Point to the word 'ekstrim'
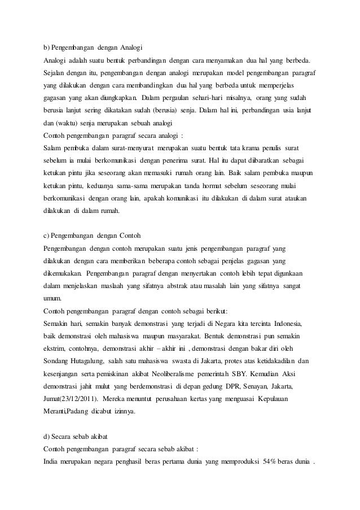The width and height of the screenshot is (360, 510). (54, 347)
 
